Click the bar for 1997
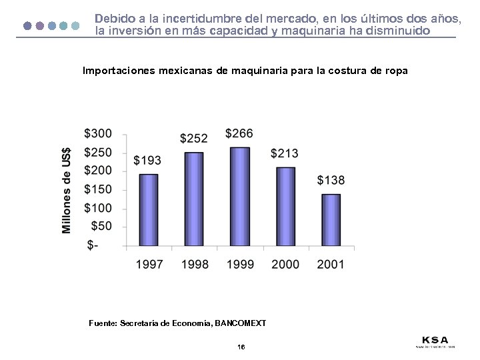click(x=149, y=210)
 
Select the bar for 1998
click(x=194, y=199)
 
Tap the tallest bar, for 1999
click(x=239, y=197)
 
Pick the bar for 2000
click(x=285, y=207)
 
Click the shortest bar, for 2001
click(x=331, y=221)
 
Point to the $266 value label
click(x=239, y=134)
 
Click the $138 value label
click(x=331, y=180)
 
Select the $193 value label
click(x=147, y=160)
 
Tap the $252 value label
click(x=194, y=138)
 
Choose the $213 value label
click(x=285, y=153)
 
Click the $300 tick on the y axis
click(x=99, y=134)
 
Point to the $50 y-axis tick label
click(x=102, y=227)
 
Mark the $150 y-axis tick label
click(x=99, y=190)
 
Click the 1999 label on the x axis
click(x=240, y=265)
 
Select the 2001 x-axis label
click(x=331, y=265)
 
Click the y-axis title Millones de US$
click(x=67, y=190)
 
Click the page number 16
click(x=241, y=347)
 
